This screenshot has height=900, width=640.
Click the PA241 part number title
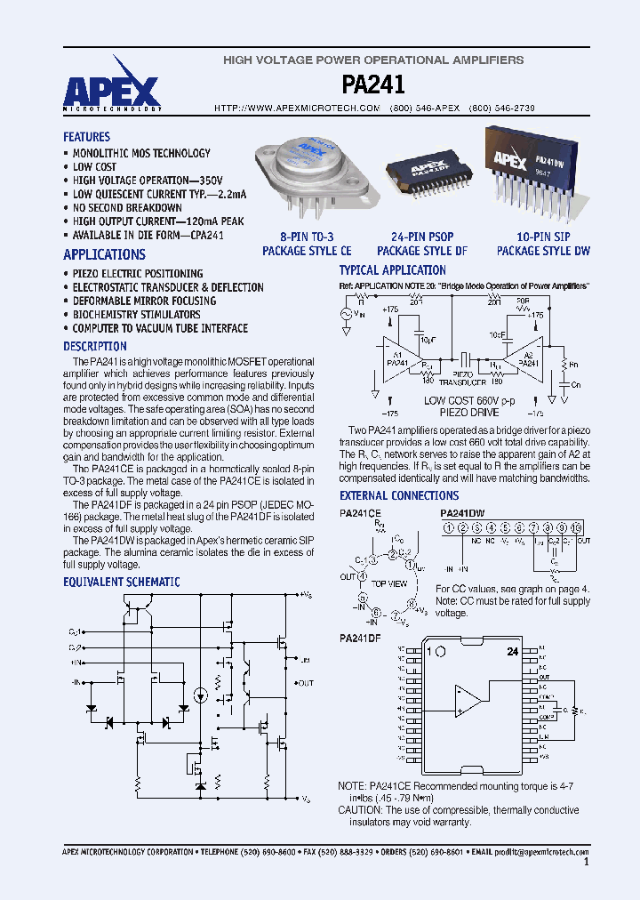(x=373, y=84)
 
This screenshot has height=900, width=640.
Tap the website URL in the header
(x=298, y=108)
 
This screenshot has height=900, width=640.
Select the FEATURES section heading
(x=86, y=137)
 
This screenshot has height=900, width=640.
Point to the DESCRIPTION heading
(x=94, y=346)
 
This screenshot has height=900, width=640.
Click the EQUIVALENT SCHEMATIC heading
(x=121, y=582)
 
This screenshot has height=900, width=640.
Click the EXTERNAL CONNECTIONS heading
(x=399, y=495)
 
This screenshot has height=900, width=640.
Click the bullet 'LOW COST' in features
(x=94, y=166)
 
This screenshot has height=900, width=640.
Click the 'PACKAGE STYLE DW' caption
(x=543, y=251)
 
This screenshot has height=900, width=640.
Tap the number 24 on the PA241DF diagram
(x=512, y=652)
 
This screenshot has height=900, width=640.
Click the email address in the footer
(x=543, y=851)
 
